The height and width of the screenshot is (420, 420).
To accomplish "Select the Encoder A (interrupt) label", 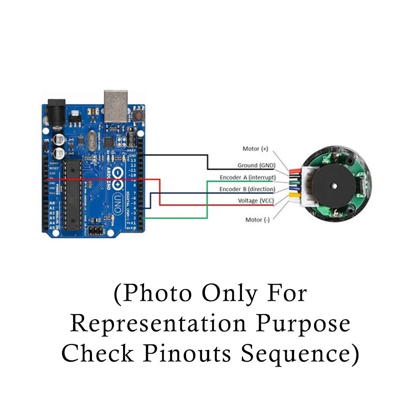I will click(x=247, y=177).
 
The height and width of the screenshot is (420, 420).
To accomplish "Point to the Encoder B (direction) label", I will click(x=247, y=189).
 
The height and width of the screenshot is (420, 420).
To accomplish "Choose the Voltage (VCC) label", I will click(x=254, y=201).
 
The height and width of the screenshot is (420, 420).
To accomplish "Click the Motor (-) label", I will click(x=257, y=220).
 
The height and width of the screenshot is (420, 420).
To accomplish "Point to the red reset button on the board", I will click(x=137, y=115).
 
